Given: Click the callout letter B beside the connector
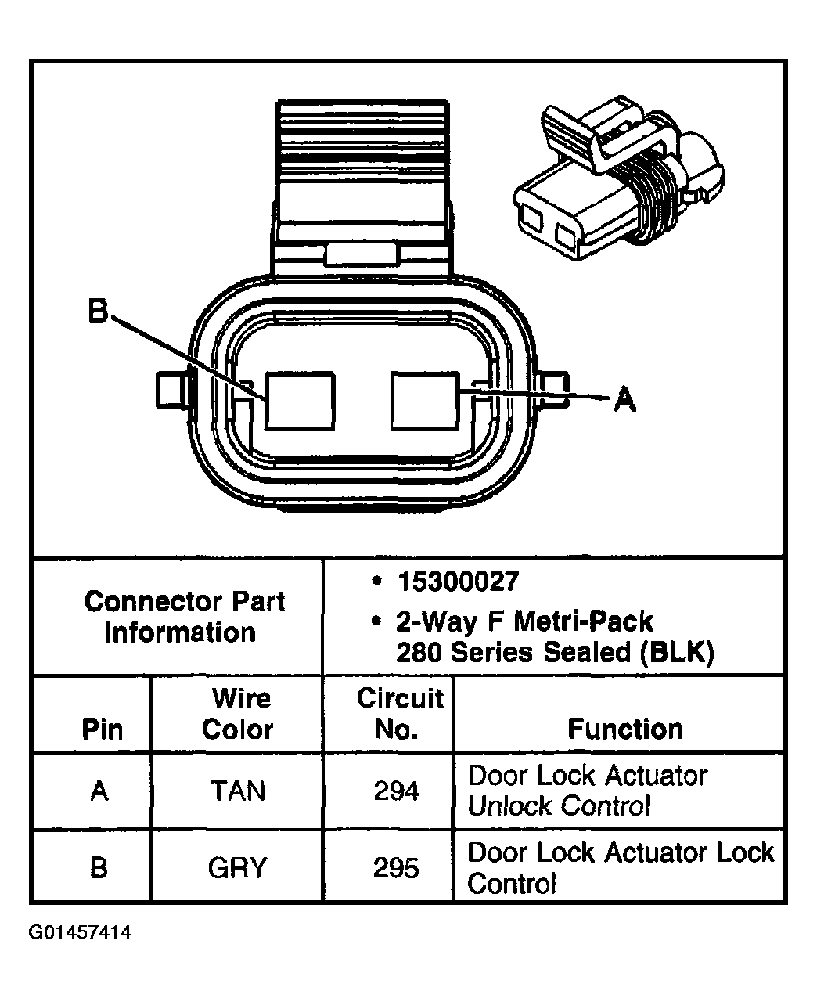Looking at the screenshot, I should (97, 313).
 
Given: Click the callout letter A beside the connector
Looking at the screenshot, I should (624, 400).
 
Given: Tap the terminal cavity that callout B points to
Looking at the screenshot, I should (300, 401).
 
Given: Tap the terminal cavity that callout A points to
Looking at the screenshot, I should (424, 401).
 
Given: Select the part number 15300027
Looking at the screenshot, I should (458, 582).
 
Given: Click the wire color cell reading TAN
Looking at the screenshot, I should (237, 791).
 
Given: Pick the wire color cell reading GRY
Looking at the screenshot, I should (237, 868).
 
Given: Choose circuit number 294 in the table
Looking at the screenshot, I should (396, 791).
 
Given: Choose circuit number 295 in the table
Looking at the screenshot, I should (396, 868).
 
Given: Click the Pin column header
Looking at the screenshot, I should (102, 730).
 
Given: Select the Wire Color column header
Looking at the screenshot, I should (238, 713).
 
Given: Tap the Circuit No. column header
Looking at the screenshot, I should (399, 713).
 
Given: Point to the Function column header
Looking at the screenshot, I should (624, 730).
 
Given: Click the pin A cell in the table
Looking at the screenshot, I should (99, 791).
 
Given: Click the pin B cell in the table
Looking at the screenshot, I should (99, 868).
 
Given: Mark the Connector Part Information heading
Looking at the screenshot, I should (184, 617).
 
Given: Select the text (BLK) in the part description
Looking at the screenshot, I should (676, 653).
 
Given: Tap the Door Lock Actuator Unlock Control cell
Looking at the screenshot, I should (587, 791).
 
